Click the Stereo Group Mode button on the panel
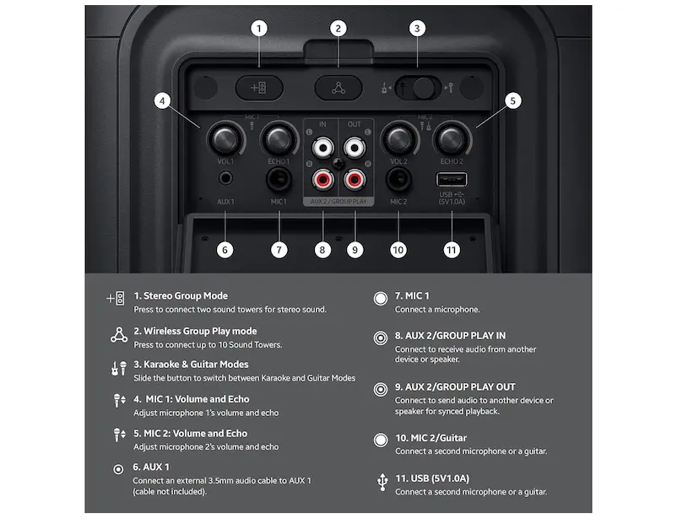pos(259,88)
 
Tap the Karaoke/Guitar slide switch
pos(418,88)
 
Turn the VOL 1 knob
pos(225,139)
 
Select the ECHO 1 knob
pos(279,139)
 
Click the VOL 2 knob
pos(398,139)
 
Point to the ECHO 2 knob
pos(452,139)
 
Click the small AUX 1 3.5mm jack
pos(225,178)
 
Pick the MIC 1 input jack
pos(279,179)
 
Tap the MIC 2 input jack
pos(398,179)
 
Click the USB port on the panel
pos(452,179)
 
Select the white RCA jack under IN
pos(322,148)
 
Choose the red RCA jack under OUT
pos(355,179)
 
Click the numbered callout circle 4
pos(162,101)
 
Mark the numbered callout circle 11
pos(452,250)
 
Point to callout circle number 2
pos(338,29)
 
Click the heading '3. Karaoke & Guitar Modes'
pos(191,365)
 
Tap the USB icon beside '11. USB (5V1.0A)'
pos(382,483)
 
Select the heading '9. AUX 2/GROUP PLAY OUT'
pos(455,387)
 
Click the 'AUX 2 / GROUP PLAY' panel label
pos(338,202)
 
